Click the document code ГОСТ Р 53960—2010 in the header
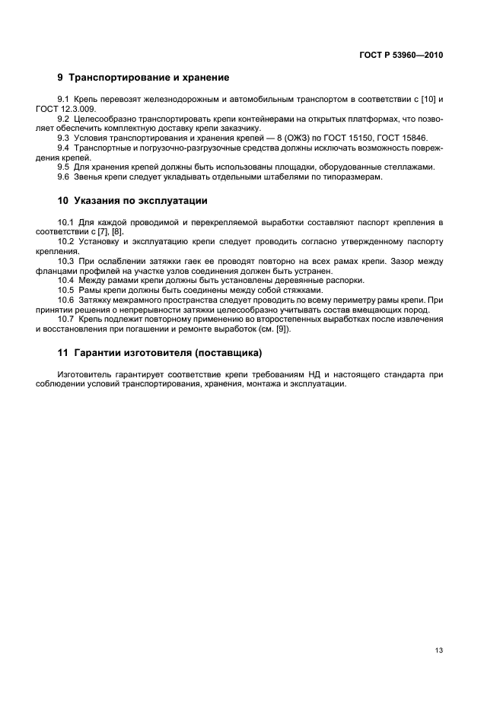(x=401, y=55)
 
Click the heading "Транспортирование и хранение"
(x=149, y=78)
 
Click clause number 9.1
(x=63, y=100)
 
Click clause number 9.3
(x=63, y=138)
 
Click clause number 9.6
(x=63, y=176)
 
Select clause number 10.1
(x=65, y=222)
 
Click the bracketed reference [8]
(x=117, y=231)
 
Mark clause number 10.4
(x=65, y=280)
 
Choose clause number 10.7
(x=65, y=319)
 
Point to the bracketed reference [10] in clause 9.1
(x=427, y=100)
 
